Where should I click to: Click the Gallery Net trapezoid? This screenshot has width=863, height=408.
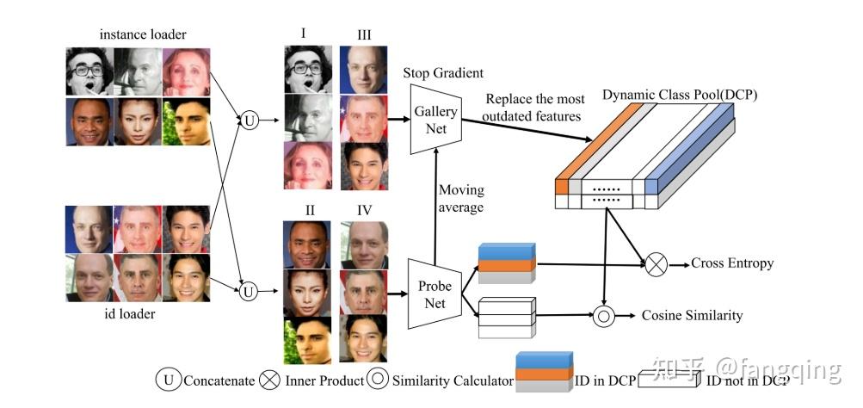[435, 120]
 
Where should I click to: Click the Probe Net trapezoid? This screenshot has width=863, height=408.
[435, 291]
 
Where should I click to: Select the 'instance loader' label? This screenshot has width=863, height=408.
[143, 34]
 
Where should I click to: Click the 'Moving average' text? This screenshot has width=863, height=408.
[461, 198]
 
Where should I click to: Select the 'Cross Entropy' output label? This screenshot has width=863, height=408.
[731, 263]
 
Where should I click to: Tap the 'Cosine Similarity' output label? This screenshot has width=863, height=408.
[692, 316]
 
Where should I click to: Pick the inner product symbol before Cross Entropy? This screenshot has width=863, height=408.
[656, 264]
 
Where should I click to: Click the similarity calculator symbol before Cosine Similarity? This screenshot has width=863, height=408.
[605, 316]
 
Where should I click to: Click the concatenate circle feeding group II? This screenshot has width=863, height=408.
[249, 292]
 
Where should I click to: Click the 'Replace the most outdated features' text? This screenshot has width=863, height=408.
[534, 108]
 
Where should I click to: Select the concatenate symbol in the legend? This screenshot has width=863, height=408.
[168, 380]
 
